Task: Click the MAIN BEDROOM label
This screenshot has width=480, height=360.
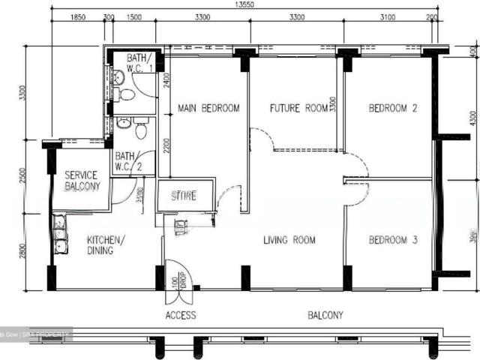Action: (x=208, y=108)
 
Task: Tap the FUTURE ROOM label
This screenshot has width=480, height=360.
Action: (x=299, y=108)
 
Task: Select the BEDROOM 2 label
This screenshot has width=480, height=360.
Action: (x=393, y=108)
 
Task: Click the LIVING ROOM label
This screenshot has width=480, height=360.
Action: (x=289, y=240)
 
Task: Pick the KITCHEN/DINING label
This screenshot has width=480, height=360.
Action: (x=106, y=245)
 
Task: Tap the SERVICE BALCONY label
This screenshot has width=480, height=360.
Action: (x=82, y=180)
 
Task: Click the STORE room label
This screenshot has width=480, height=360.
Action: (x=184, y=196)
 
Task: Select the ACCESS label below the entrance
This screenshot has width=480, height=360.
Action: (x=181, y=315)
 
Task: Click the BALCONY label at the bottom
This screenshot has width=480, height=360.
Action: (x=325, y=315)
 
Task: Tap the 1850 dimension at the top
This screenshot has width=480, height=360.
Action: (x=78, y=17)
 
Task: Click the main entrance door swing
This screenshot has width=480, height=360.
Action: (x=177, y=274)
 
